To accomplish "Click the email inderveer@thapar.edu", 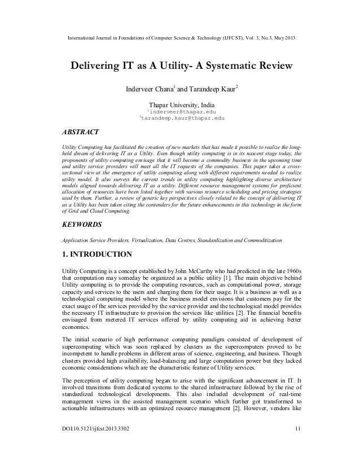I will [x=182, y=111].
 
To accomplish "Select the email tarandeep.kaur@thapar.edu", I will [x=182, y=119].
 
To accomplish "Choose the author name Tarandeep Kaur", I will [x=213, y=88].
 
